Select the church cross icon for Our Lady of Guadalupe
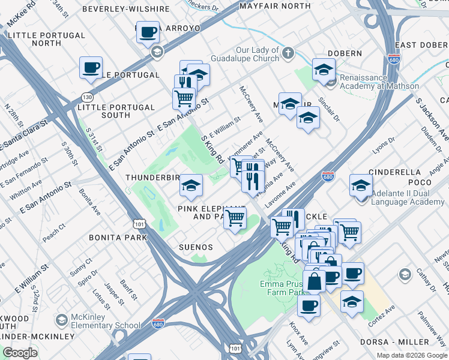[288, 53]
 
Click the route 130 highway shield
[88, 97]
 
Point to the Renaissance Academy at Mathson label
[379, 82]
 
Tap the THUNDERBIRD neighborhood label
[152, 178]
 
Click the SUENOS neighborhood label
[196, 247]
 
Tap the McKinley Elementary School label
[106, 321]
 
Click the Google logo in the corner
[20, 353]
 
